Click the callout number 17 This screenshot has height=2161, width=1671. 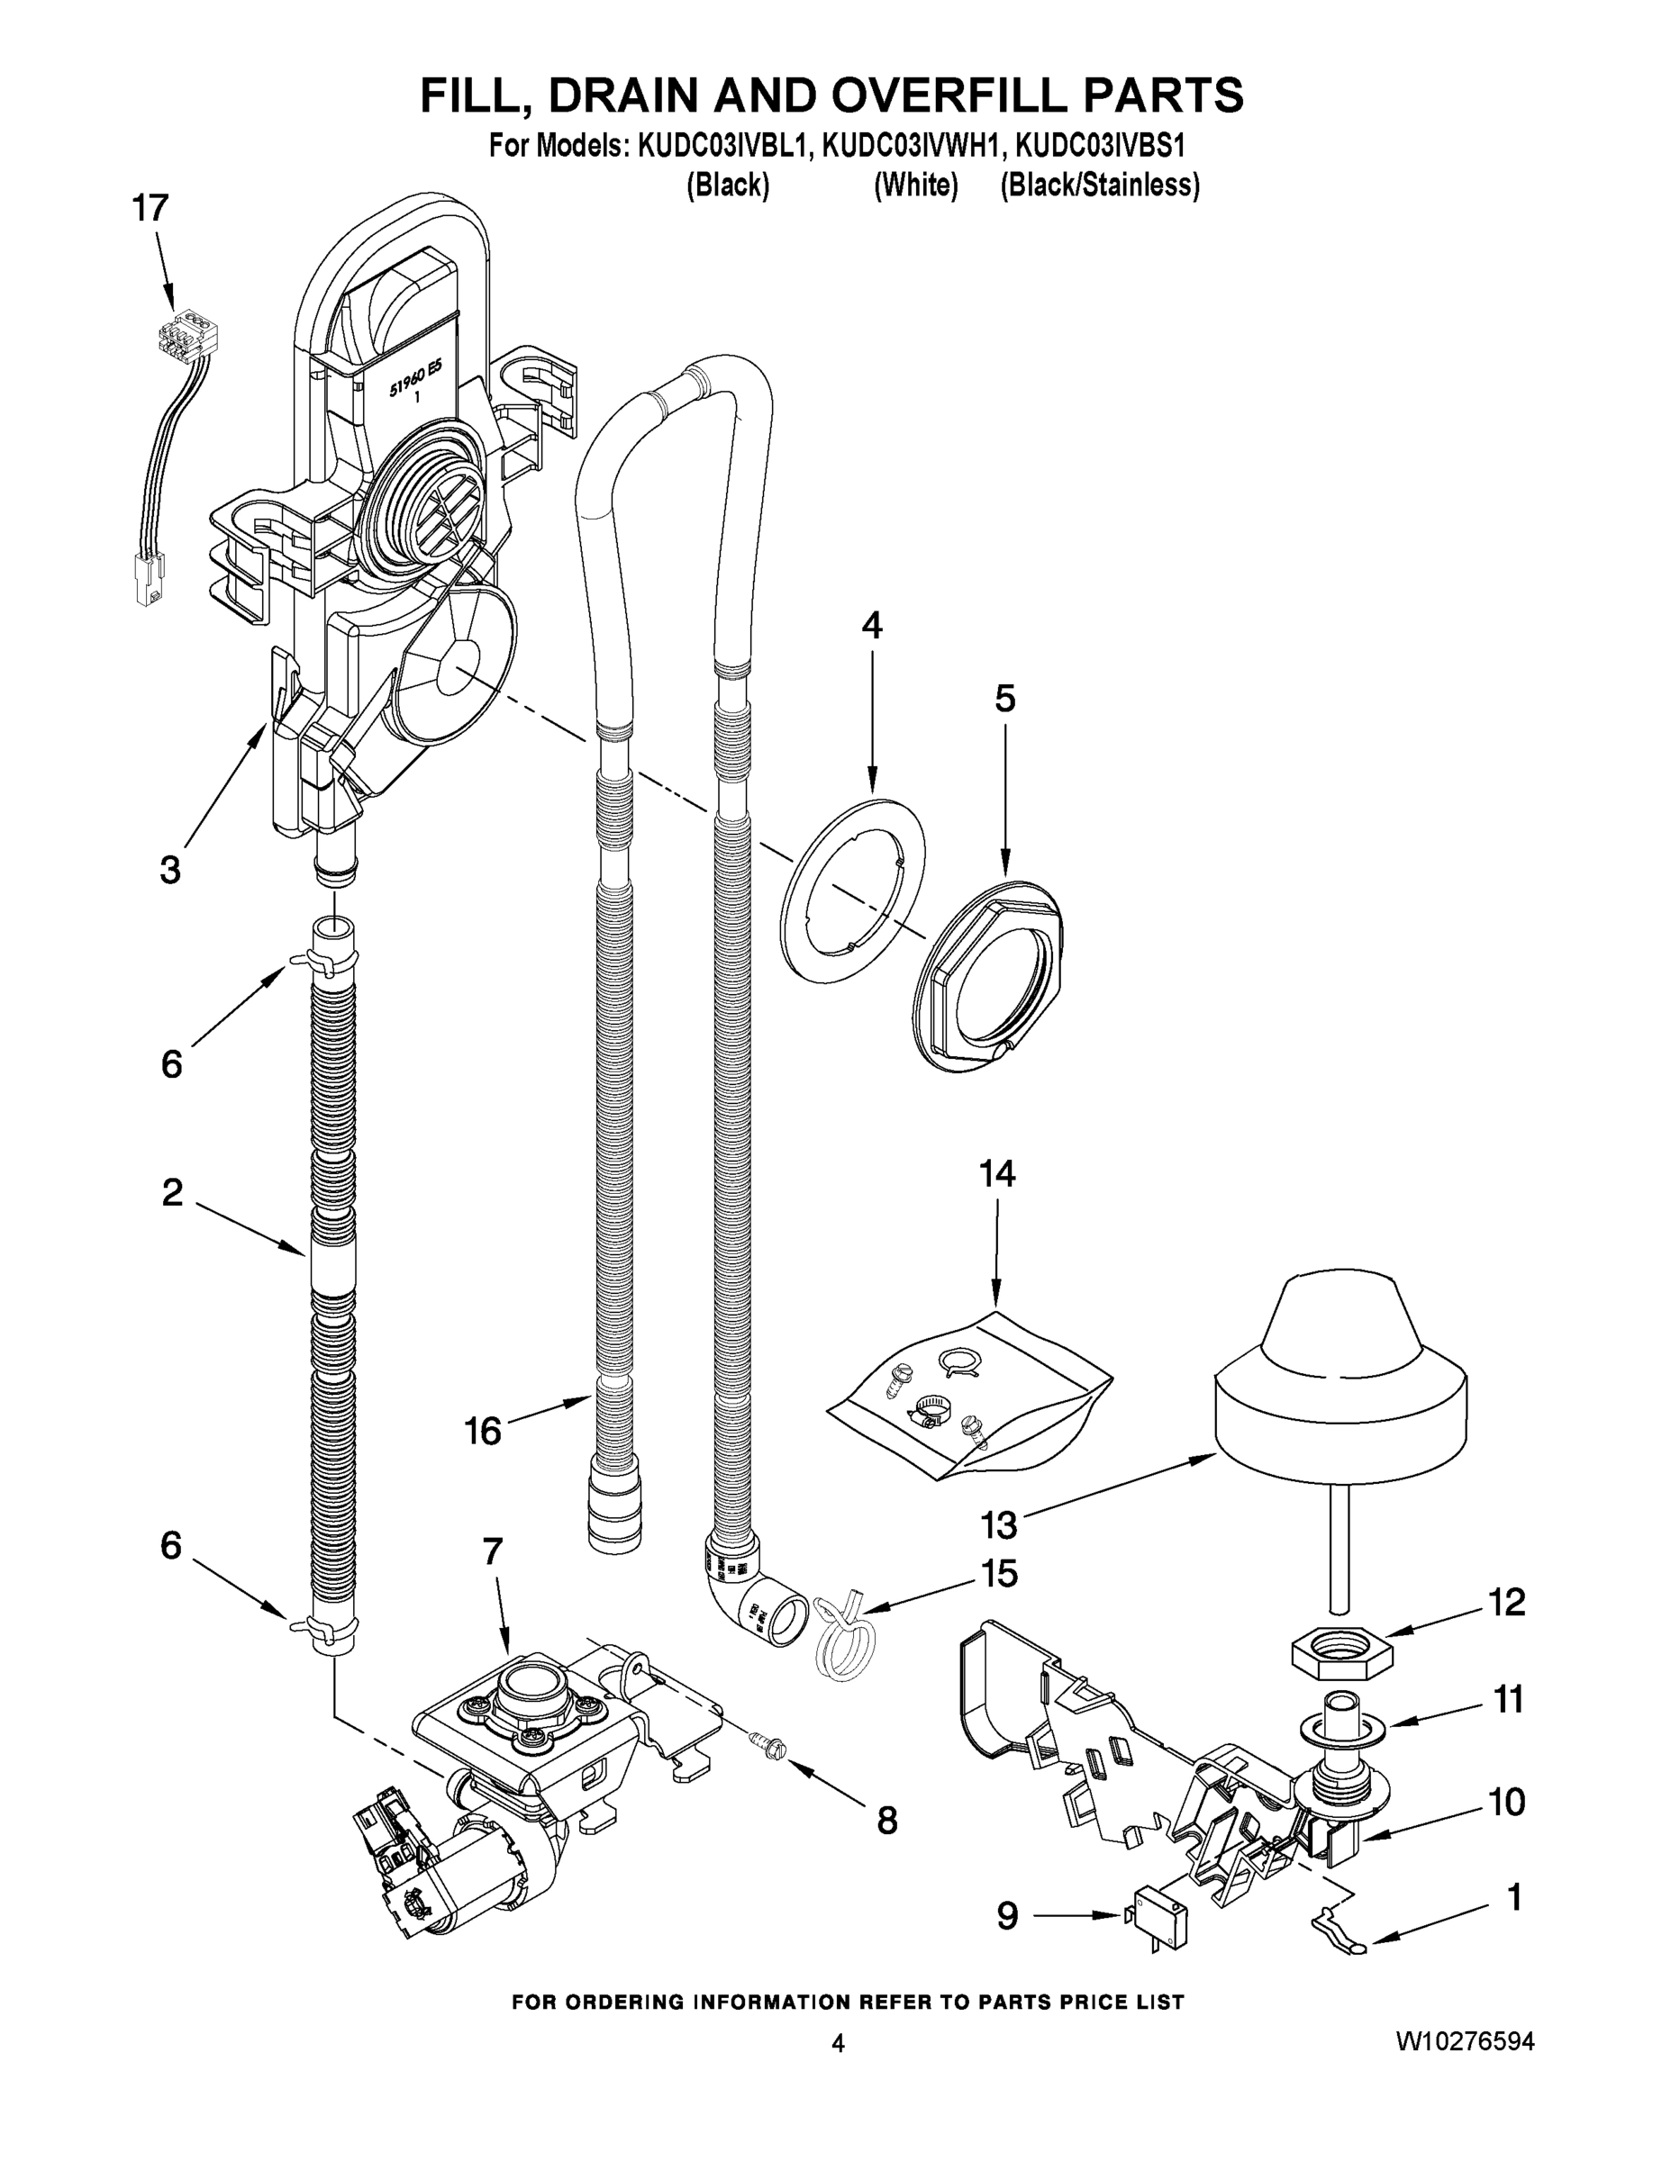[x=150, y=209]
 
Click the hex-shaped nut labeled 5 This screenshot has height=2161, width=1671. [x=990, y=974]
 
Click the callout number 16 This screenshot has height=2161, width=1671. [x=483, y=1431]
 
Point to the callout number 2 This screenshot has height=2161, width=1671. [x=172, y=1193]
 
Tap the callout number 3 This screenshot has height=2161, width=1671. [x=170, y=870]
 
